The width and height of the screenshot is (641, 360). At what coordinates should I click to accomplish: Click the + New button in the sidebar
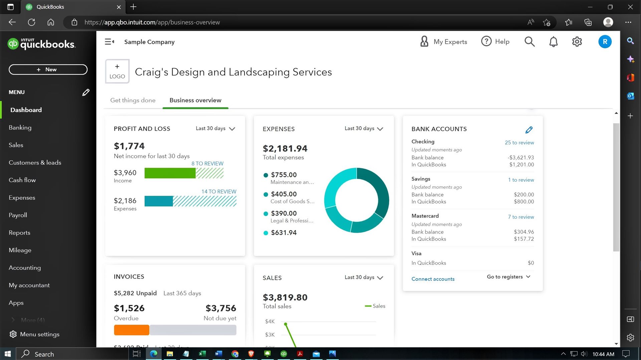[48, 69]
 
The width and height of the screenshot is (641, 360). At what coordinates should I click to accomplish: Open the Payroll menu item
[18, 215]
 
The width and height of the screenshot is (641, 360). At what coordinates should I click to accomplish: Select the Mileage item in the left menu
[20, 250]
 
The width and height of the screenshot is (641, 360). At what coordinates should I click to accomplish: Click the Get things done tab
[133, 100]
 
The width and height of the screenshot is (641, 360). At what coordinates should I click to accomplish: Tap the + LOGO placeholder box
[117, 71]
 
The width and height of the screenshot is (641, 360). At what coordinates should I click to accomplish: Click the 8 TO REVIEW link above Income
[207, 164]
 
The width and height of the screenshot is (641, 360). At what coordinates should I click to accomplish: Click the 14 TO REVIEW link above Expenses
[219, 191]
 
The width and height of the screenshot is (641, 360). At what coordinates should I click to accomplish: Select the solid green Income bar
[170, 173]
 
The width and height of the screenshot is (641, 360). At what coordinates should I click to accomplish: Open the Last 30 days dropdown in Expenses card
[364, 129]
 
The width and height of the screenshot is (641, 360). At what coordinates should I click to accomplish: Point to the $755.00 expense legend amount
[284, 175]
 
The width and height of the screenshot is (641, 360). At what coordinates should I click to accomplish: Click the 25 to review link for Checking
[519, 143]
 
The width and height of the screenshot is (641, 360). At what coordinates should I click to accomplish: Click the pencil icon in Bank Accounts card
[529, 130]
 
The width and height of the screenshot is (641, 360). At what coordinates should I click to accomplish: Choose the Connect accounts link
[433, 279]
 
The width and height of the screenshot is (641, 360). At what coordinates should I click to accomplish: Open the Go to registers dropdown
[508, 277]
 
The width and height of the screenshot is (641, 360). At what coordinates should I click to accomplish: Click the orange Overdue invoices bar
[132, 330]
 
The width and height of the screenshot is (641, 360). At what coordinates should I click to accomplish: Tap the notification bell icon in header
[553, 42]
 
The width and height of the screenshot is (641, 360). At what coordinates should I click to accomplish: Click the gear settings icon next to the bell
[577, 42]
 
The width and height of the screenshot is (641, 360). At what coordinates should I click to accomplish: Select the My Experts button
[443, 42]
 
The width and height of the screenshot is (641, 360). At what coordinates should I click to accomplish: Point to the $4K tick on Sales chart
[270, 322]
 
